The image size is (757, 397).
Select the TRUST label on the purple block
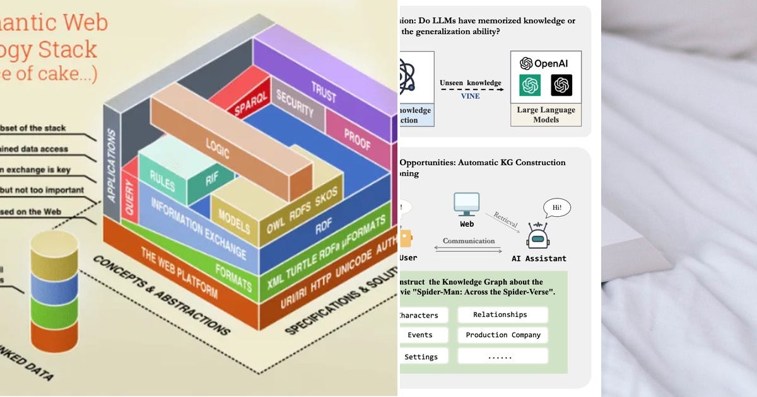click(324, 90)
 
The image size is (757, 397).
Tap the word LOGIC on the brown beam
click(217, 149)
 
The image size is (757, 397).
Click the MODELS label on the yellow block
click(234, 220)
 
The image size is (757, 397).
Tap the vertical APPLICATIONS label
click(112, 165)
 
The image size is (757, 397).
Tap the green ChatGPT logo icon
click(530, 85)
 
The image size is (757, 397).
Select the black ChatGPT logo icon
click(561, 85)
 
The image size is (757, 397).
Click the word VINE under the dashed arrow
click(470, 96)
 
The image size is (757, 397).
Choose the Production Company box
click(503, 335)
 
